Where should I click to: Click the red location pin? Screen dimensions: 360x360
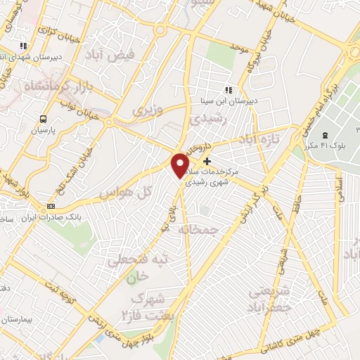(181, 165)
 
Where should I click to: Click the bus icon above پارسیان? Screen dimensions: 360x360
(44, 119)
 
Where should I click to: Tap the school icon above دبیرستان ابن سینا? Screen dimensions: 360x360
(228, 90)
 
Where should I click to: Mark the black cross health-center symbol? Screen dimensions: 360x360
(206, 161)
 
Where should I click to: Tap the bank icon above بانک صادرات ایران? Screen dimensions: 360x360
(51, 206)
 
